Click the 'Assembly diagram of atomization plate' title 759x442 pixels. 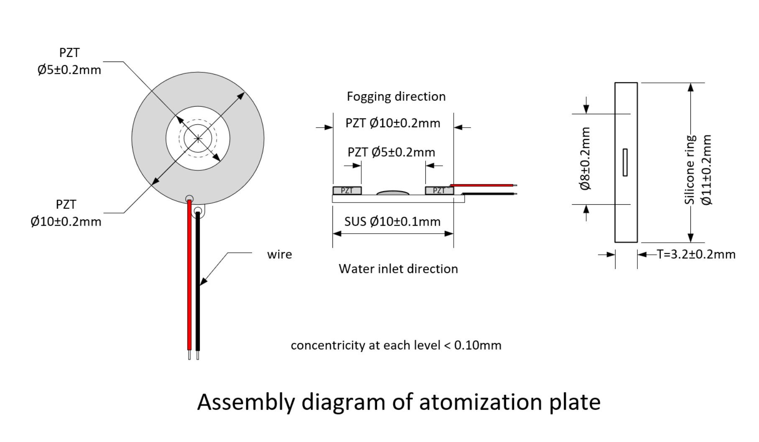coord(399,402)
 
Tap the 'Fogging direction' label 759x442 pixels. coord(396,97)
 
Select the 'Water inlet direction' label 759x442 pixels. coord(398,269)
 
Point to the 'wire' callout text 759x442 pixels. coord(279,254)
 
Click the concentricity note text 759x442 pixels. coord(396,345)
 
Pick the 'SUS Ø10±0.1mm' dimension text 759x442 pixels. coord(392,221)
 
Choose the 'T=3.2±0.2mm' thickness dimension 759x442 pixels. coord(696,254)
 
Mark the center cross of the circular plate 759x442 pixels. coord(198,138)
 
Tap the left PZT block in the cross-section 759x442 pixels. coord(347,191)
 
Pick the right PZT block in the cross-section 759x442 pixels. coord(440,191)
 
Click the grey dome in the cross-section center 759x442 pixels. coord(393,193)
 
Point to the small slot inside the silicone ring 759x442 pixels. coord(625,162)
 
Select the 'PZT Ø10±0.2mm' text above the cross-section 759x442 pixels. coord(393,123)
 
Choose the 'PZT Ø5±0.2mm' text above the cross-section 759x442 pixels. coord(391,152)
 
